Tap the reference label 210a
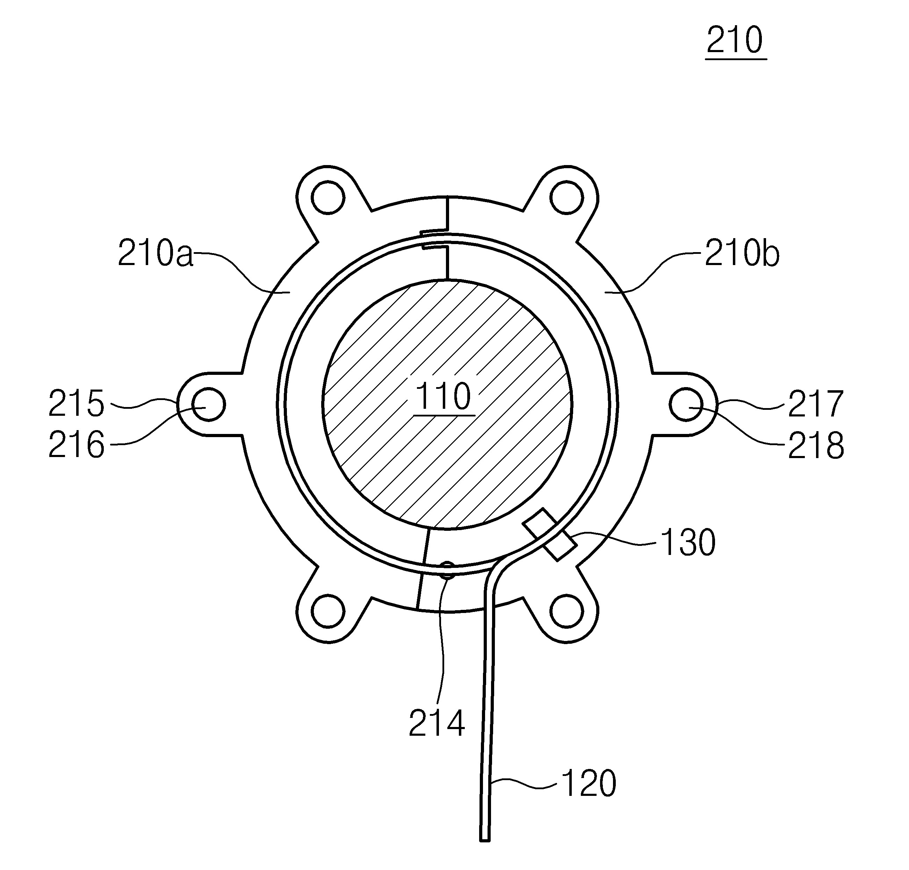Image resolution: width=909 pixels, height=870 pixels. [x=155, y=253]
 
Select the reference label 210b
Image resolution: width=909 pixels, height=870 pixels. [x=742, y=253]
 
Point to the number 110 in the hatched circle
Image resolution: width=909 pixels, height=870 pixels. [x=443, y=396]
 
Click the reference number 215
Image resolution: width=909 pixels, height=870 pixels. [x=77, y=404]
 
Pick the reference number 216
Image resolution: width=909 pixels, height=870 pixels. [x=77, y=445]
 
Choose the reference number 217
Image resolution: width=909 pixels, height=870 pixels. [x=816, y=404]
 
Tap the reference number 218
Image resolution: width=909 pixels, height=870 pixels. [x=816, y=445]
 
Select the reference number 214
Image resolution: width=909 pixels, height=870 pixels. [x=437, y=723]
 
